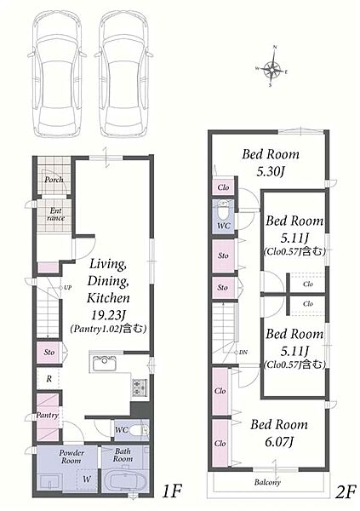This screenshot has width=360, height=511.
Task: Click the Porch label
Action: tap(54, 179)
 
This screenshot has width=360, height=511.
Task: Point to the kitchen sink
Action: tap(104, 364)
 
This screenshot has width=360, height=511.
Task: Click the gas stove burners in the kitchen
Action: tap(139, 388)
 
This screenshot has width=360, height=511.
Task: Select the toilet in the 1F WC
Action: tap(139, 431)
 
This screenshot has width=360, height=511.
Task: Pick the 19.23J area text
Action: tap(108, 315)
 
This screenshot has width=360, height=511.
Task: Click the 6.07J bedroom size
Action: tap(279, 442)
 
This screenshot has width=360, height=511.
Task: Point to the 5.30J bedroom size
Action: tap(271, 171)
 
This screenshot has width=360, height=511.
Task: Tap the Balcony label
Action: tap(267, 482)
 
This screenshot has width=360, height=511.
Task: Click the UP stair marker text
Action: tap(67, 288)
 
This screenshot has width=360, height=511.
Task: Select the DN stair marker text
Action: tap(243, 353)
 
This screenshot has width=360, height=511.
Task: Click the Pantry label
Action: tap(48, 416)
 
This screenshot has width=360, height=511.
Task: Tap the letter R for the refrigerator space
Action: tap(49, 379)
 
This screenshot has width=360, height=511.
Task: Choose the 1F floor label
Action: tap(171, 491)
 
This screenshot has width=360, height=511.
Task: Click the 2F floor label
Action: tap(346, 492)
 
